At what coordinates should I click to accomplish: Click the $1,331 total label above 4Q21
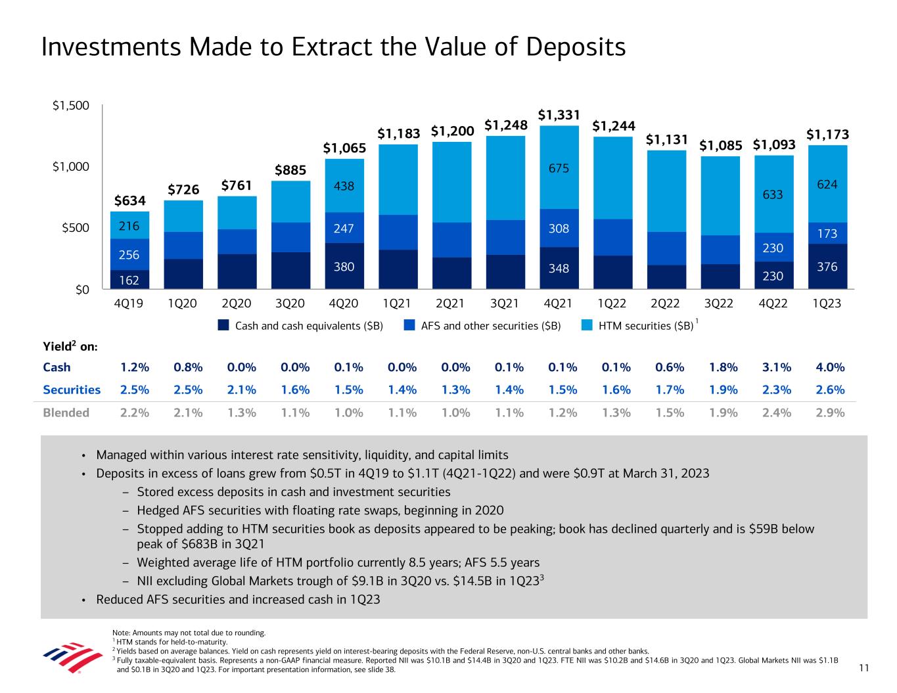coord(559,115)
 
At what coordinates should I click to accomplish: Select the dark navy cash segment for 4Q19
coord(130,280)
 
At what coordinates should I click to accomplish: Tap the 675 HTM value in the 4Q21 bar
coord(559,168)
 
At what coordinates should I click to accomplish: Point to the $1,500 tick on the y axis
coord(71,105)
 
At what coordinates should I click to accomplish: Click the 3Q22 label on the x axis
coord(720,304)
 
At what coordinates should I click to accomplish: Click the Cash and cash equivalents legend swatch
coord(224,325)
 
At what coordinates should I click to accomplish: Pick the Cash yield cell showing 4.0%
coord(831,367)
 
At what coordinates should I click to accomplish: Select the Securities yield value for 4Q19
coord(135,390)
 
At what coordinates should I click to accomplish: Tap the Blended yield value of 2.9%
coord(831,413)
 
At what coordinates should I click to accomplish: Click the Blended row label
coord(66,413)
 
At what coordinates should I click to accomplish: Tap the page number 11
coord(863,669)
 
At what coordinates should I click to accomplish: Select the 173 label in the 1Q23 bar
coord(827,233)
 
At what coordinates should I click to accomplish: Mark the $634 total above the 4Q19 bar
coord(130,200)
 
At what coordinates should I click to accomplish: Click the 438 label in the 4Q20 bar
coord(344,186)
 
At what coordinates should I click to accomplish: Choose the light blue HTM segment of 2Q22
coord(666,190)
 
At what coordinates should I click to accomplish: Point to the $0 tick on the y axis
coord(81,290)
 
